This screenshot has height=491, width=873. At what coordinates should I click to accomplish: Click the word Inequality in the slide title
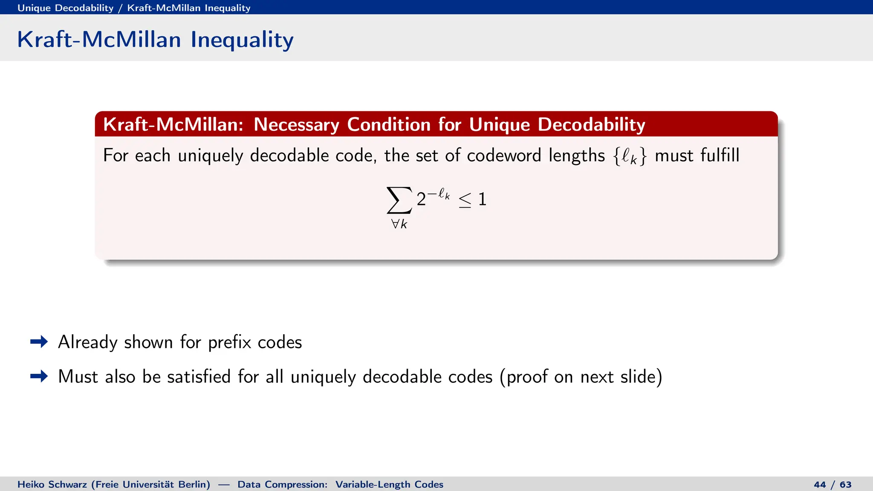(242, 40)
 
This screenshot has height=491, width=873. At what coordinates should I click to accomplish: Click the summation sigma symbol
(399, 200)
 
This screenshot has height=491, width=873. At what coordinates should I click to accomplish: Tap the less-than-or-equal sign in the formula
(465, 200)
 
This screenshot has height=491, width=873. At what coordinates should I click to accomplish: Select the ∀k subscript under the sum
(399, 224)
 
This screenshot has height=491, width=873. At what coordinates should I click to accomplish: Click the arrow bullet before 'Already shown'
(39, 342)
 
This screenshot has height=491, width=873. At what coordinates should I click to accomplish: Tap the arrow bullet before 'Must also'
(39, 376)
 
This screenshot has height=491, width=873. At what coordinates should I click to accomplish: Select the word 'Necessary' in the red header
(296, 124)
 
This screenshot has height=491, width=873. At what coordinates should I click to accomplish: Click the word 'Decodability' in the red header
(591, 124)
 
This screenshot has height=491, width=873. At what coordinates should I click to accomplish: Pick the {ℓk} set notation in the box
(630, 156)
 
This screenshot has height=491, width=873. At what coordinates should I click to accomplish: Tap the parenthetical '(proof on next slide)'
(581, 377)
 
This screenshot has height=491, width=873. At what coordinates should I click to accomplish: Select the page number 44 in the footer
(820, 485)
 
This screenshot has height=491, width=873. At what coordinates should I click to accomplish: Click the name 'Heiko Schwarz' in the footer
(52, 485)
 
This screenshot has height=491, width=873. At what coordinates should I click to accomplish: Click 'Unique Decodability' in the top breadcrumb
(65, 8)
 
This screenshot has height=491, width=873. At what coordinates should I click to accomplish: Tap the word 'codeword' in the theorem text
(504, 156)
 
